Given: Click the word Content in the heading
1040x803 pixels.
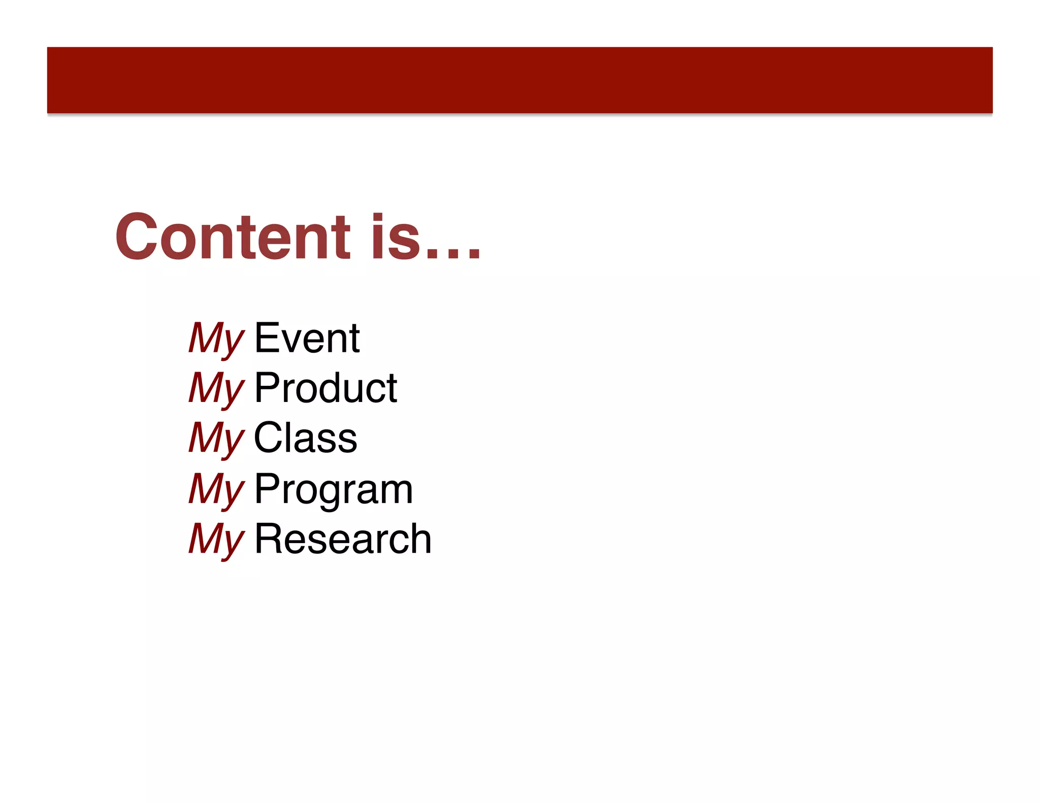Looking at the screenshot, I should click(x=233, y=237).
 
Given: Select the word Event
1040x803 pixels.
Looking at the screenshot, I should click(x=307, y=338).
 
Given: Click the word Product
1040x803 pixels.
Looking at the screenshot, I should click(x=326, y=388).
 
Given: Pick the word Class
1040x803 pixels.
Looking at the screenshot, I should click(x=305, y=438).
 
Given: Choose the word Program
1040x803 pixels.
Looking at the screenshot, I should click(x=334, y=489).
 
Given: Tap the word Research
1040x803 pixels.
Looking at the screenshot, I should click(x=343, y=539).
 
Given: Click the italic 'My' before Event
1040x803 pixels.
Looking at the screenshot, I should click(x=216, y=339).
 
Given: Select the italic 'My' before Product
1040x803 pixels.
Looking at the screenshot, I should click(x=216, y=389).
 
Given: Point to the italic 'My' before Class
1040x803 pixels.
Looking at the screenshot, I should click(x=216, y=439).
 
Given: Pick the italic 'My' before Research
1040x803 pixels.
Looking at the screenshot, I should click(x=216, y=540).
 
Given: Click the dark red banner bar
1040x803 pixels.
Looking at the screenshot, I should click(x=519, y=80).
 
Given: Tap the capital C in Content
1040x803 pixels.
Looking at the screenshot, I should click(x=136, y=237).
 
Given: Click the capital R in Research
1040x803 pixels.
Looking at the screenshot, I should click(x=268, y=539).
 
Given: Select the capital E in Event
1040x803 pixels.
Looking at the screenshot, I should click(x=267, y=338).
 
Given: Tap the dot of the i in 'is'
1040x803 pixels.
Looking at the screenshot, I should click(x=378, y=217).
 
